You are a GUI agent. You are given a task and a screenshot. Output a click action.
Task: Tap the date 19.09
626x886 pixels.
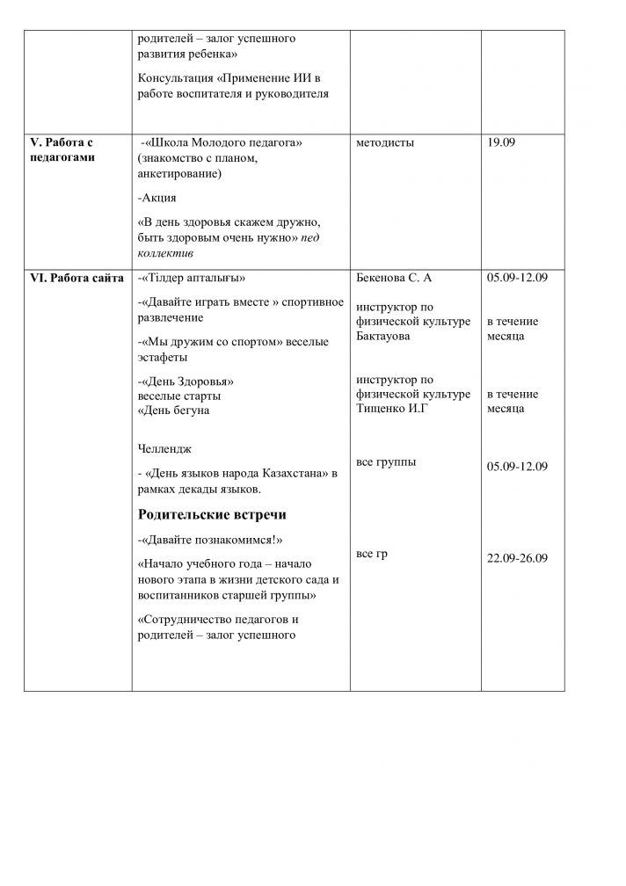point(501,143)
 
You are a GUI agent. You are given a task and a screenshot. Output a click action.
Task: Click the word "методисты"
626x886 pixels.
point(385,143)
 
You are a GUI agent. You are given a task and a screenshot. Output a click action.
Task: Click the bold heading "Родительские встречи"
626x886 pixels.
point(212,514)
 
